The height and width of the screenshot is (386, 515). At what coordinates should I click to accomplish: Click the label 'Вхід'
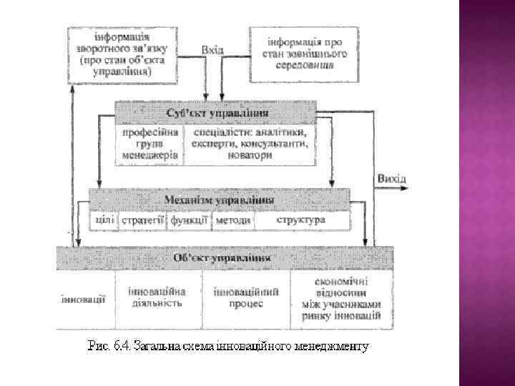point(212,50)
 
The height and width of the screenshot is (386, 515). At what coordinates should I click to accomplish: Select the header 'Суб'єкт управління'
point(217,113)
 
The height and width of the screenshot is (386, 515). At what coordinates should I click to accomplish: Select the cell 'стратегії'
point(142,220)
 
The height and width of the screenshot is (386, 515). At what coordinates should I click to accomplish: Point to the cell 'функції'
point(189,220)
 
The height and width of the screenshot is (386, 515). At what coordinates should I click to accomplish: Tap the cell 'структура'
point(300,220)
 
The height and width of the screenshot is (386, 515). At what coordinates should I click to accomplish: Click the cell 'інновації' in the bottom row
point(82,299)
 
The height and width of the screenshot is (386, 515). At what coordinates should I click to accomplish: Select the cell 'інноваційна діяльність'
point(157,297)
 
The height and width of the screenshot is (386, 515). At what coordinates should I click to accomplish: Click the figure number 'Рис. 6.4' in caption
point(107,347)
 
